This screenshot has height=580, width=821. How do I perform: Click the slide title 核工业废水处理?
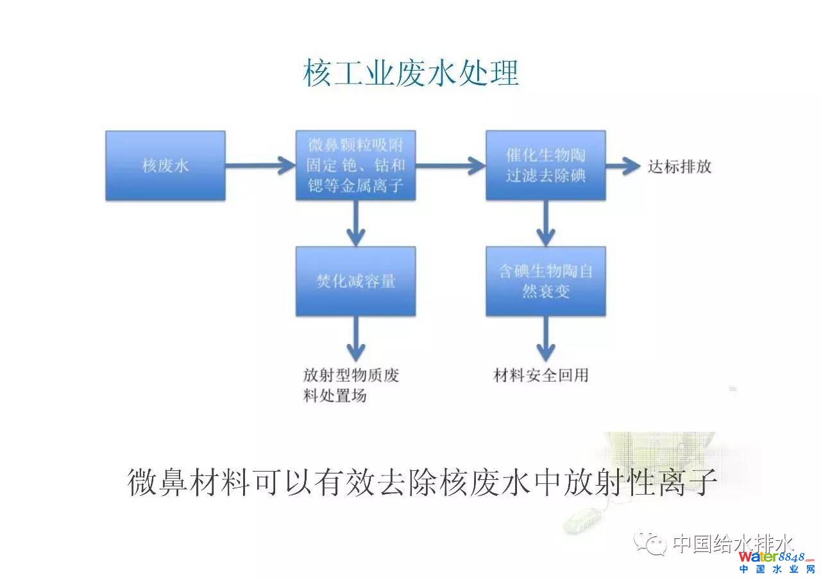[410, 74]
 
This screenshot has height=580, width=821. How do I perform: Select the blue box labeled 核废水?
[165, 166]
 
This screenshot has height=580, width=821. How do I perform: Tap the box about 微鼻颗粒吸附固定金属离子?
[355, 166]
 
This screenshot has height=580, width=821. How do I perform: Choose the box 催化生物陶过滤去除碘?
[545, 166]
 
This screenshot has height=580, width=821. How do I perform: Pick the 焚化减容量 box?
[355, 281]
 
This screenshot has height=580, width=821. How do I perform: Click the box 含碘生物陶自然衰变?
[545, 281]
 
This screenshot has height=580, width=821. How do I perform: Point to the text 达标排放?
[679, 167]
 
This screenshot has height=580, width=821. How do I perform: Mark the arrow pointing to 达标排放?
[623, 166]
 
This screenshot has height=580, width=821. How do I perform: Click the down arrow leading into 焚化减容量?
[355, 223]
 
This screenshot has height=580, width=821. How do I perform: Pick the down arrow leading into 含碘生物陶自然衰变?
[545, 223]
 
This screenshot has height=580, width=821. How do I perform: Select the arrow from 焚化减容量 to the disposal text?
[355, 338]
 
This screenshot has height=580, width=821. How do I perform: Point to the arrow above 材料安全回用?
[545, 338]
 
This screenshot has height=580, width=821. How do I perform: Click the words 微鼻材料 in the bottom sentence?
[189, 482]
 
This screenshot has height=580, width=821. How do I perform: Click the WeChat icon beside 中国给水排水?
[649, 543]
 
